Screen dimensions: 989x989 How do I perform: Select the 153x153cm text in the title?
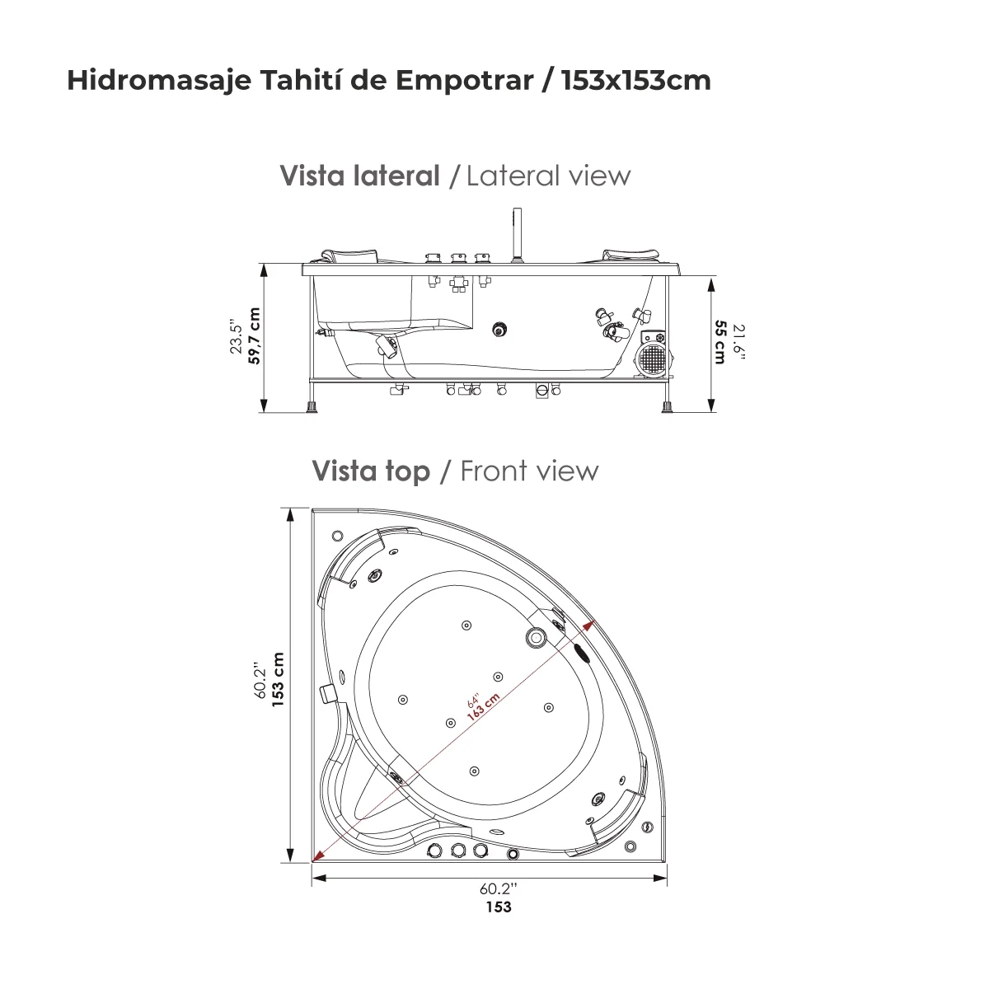tap(635, 81)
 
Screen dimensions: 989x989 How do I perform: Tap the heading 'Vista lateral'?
tap(360, 176)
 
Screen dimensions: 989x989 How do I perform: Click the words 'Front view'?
tap(529, 471)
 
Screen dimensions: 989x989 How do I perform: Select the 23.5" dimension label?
tap(237, 336)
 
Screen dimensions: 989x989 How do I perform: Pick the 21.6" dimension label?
tap(738, 342)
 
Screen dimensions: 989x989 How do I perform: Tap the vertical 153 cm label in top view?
tap(278, 680)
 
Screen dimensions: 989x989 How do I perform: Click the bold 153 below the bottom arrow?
tap(498, 907)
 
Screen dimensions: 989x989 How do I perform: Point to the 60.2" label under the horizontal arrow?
tap(498, 889)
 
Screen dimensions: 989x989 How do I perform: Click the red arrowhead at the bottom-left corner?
tap(317, 855)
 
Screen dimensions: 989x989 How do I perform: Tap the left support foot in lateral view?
tap(312, 407)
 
